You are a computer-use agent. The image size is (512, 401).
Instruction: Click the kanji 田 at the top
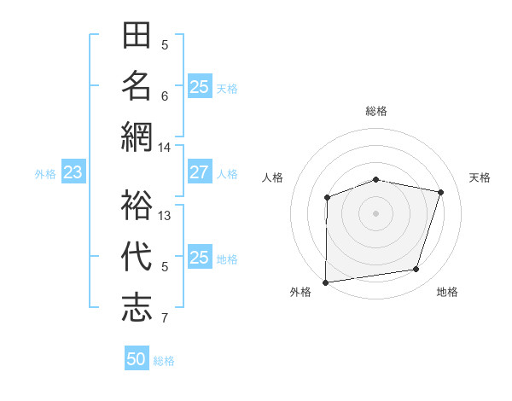click(137, 36)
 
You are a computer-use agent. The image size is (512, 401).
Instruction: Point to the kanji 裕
click(137, 206)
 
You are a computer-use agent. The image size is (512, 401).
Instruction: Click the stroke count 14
click(165, 148)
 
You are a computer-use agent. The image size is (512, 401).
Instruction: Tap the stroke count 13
click(166, 216)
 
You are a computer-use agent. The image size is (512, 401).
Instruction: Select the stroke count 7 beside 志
click(166, 319)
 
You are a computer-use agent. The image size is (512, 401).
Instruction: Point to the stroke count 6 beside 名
click(166, 96)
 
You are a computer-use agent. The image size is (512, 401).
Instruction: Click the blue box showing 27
click(199, 172)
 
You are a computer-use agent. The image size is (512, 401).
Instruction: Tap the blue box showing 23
click(73, 173)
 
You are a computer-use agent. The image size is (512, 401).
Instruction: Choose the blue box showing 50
click(137, 359)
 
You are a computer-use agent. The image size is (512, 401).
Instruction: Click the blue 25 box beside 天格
click(199, 86)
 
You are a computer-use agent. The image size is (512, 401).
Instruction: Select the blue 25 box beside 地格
click(199, 258)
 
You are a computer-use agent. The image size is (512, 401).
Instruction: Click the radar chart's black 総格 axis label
click(375, 111)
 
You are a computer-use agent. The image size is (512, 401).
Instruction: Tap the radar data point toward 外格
click(325, 282)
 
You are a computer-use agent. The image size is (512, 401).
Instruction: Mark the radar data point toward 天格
click(440, 192)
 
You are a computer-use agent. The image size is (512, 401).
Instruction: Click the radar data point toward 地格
click(416, 270)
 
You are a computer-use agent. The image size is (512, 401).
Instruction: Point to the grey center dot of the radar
click(375, 212)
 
